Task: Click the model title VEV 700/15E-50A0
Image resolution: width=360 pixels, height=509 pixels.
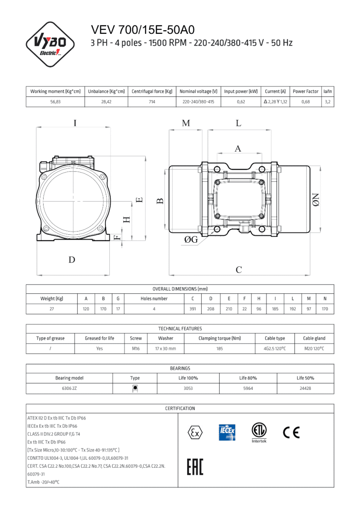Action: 143,30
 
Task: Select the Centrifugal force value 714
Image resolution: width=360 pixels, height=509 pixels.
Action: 152,102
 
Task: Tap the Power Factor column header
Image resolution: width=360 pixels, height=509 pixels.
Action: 305,92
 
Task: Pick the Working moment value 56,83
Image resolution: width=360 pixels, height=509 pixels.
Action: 55,102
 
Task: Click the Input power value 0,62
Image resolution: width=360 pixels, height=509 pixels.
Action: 241,102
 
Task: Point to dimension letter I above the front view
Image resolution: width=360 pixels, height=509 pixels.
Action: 75,123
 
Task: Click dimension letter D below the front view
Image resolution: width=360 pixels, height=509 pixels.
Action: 72,260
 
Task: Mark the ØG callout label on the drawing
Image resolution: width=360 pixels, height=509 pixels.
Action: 191,240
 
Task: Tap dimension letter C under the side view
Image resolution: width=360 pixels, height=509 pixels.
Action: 239,269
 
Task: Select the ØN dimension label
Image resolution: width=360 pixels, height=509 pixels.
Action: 316,200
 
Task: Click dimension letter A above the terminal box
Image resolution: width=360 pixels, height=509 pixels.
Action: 238,148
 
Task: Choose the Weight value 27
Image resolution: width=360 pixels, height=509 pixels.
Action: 52,309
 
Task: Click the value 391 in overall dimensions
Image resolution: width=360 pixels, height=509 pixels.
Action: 193,309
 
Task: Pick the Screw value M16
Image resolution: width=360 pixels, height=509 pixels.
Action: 136,349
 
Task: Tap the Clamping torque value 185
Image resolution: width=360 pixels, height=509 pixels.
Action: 220,349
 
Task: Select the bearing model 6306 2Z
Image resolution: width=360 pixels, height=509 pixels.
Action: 69,388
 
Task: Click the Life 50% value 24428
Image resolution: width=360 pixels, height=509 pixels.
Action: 305,388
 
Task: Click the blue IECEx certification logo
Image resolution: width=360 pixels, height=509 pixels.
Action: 227,432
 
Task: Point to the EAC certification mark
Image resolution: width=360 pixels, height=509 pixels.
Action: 194,468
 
